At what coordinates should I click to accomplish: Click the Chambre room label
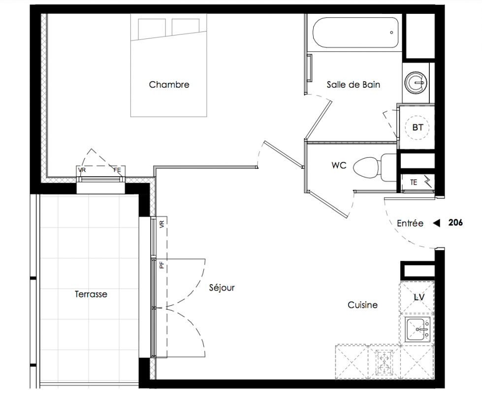(x=169, y=85)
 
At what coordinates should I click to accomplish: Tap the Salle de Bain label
(x=353, y=85)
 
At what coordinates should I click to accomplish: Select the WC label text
(x=339, y=165)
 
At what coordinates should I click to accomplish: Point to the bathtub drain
(x=391, y=33)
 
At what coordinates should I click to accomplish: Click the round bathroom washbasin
(x=416, y=82)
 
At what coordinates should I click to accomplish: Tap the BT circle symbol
(x=418, y=128)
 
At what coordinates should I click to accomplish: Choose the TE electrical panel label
(x=414, y=182)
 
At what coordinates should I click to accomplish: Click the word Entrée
(x=410, y=223)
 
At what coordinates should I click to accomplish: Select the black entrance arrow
(x=437, y=223)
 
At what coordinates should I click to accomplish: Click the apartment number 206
(x=455, y=223)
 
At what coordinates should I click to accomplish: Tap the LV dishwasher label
(x=419, y=297)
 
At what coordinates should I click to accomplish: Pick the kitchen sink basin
(x=417, y=329)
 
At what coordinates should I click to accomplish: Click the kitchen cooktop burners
(x=384, y=361)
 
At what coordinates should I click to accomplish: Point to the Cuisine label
(x=362, y=305)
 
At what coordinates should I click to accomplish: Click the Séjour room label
(x=222, y=288)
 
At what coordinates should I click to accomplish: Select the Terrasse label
(x=91, y=294)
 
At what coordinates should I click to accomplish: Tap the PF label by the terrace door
(x=162, y=264)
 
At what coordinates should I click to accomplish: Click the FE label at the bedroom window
(x=118, y=170)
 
